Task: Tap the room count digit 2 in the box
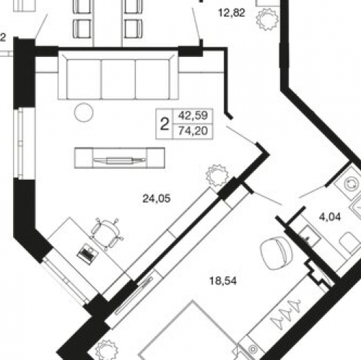[x=165, y=124]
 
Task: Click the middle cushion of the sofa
[x=118, y=75]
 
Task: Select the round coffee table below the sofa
[x=84, y=112]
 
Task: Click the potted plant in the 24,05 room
[x=215, y=175]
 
